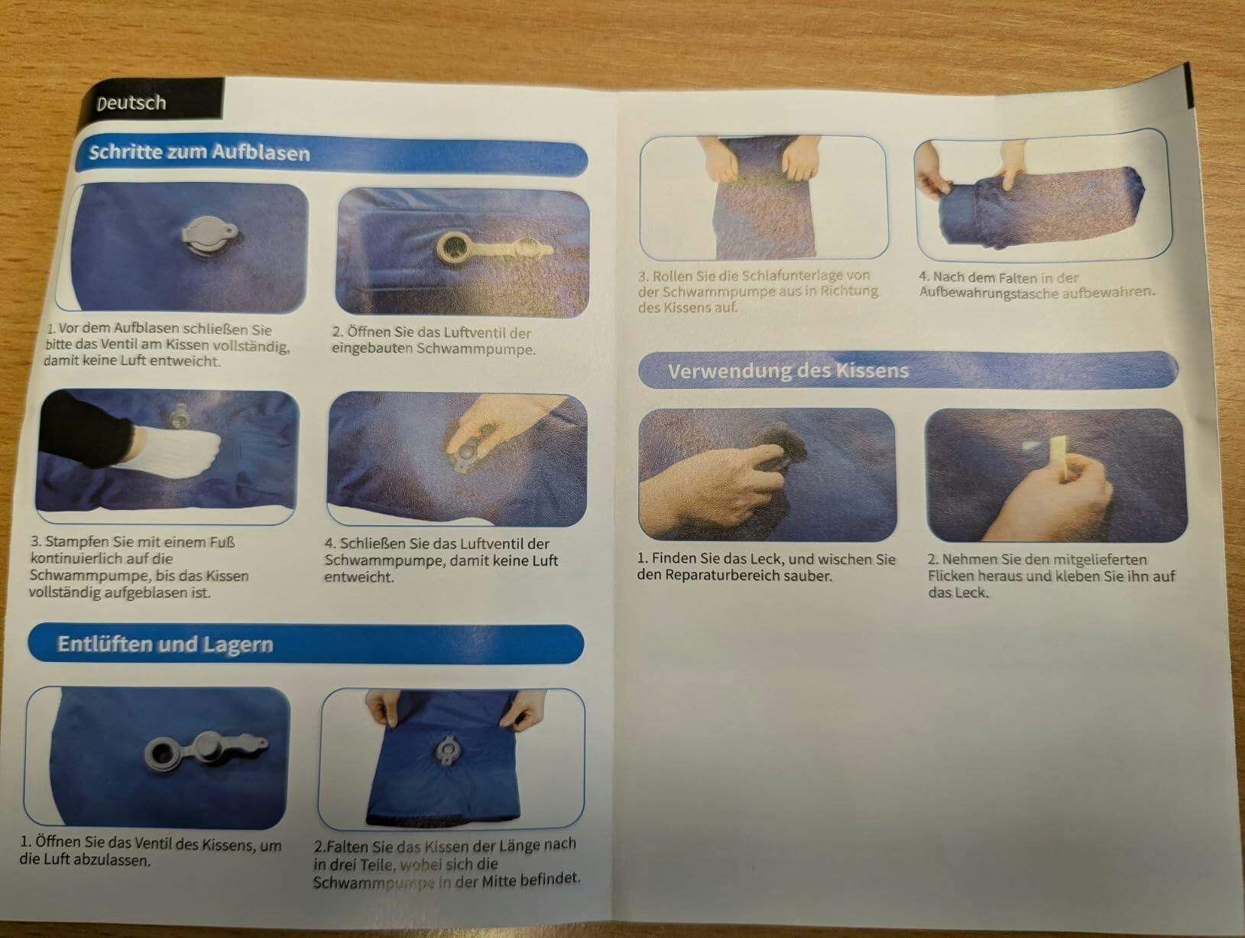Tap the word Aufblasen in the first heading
[261, 153]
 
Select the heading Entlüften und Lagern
[165, 644]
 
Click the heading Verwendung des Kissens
[788, 371]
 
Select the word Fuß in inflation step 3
[222, 542]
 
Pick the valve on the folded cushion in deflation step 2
[447, 750]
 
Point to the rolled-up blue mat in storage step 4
[1038, 207]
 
